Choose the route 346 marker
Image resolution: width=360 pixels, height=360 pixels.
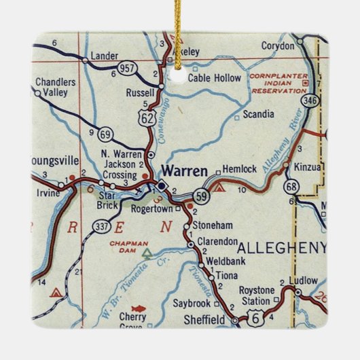coord(310,101)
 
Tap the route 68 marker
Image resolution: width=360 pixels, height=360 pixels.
coord(293,186)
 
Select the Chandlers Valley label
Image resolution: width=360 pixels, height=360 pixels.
coord(56,87)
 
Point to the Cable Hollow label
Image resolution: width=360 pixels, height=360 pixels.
coord(214,78)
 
